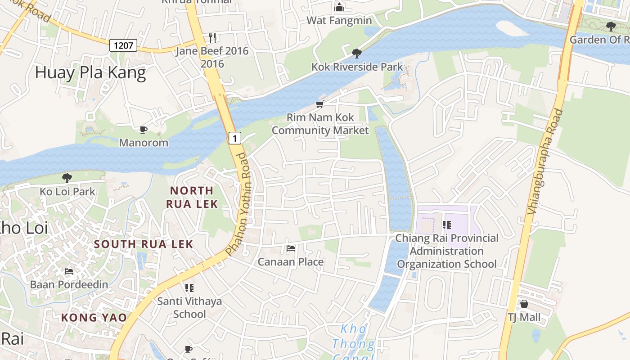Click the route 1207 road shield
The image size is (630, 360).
(x=123, y=45)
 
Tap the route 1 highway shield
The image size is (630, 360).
(x=234, y=138)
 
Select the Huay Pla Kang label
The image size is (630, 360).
(x=90, y=73)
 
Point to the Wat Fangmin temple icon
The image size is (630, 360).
(x=339, y=7)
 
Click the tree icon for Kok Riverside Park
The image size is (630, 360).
(x=357, y=54)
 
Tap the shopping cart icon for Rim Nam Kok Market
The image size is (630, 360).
(x=320, y=104)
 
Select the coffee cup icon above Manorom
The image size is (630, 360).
(x=144, y=130)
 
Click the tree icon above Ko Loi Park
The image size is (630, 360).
(x=67, y=178)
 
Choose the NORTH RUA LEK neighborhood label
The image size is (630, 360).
(x=192, y=197)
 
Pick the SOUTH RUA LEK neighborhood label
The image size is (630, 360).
(x=144, y=244)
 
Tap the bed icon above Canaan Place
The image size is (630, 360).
(x=291, y=248)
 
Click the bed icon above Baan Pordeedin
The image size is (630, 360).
(x=69, y=271)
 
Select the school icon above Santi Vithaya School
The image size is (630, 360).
(x=189, y=288)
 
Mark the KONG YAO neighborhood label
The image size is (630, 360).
(x=94, y=318)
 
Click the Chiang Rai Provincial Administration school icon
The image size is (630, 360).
(x=447, y=225)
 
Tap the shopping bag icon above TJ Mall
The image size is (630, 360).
(x=524, y=304)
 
